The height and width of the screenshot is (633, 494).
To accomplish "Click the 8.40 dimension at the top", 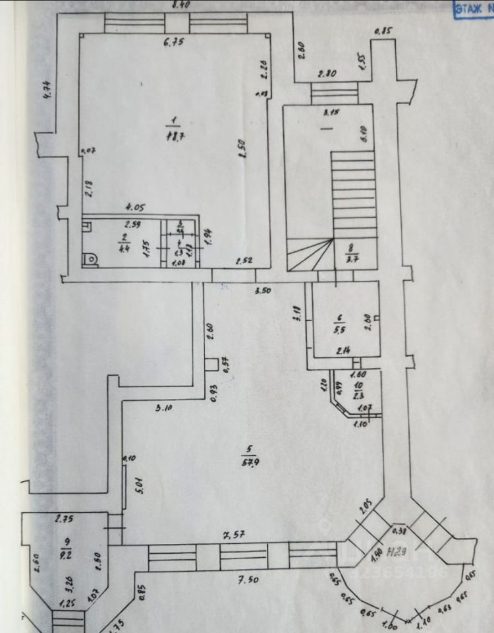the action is coord(180,5).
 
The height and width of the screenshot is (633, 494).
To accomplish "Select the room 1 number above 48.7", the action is coord(173,119).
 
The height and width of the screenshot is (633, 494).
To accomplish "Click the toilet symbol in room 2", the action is coord(90,259).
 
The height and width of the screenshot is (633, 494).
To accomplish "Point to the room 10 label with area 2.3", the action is coord(358,390).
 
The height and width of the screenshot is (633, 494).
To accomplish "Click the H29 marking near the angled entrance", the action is coord(397,551).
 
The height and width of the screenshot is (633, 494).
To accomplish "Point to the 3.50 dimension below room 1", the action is coord(263,289).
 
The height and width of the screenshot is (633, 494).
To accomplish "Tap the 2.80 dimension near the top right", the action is coord(327,74).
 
